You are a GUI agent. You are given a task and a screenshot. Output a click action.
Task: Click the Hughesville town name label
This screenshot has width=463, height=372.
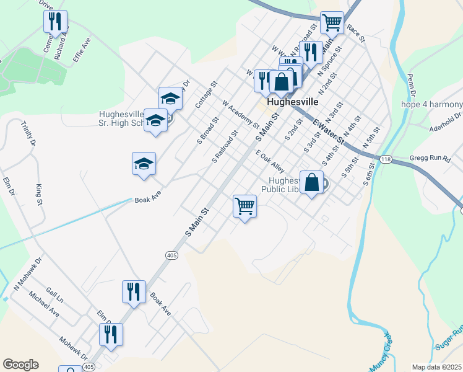293,101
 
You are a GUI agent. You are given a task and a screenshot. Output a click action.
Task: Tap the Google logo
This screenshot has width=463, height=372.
20,365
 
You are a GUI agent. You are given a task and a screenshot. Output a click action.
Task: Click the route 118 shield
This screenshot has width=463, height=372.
386,159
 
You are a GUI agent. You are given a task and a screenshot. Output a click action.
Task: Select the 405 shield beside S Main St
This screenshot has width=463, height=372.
171,255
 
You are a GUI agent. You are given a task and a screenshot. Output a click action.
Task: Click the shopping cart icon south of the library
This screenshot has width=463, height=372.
245,205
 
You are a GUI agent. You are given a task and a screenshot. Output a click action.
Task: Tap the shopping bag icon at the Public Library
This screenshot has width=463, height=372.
312,182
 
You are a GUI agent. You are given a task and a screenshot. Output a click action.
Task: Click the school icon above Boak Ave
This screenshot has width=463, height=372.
144,164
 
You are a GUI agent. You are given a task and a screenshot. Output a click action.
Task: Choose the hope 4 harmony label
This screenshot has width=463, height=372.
431,104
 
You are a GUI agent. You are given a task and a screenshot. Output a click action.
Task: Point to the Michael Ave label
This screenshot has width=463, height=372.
44,303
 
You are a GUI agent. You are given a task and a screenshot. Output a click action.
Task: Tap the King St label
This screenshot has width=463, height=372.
39,193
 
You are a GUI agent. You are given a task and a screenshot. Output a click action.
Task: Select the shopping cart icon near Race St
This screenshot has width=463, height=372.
332,23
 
